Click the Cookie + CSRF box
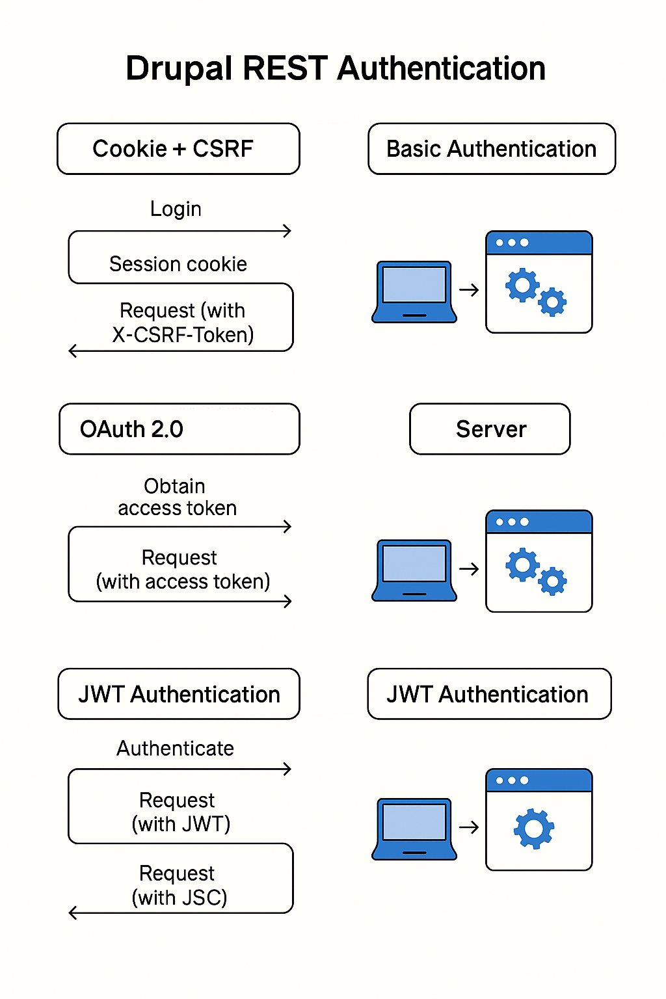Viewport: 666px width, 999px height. (x=178, y=149)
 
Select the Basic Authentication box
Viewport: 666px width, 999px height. (x=492, y=149)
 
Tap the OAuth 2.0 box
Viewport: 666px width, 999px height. (x=179, y=429)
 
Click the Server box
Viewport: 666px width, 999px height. (x=490, y=429)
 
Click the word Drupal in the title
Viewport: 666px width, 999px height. (x=180, y=69)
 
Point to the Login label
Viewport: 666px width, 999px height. (x=176, y=209)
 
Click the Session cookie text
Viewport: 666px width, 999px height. (x=178, y=264)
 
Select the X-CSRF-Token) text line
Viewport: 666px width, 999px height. (x=183, y=335)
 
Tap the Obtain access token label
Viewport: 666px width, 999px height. (x=177, y=497)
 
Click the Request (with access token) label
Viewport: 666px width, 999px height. (x=183, y=570)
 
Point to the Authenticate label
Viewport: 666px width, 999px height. (x=175, y=749)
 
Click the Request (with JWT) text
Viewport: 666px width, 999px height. (x=180, y=812)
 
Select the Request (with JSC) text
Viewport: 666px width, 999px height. (x=180, y=885)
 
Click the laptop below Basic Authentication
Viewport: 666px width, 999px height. (x=414, y=291)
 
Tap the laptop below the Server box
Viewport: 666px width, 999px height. (x=414, y=570)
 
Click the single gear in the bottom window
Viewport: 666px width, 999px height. (x=534, y=829)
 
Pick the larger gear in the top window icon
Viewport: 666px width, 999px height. (x=522, y=286)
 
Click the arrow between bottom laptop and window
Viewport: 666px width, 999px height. (x=469, y=827)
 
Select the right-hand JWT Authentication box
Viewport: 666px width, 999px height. (x=489, y=694)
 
